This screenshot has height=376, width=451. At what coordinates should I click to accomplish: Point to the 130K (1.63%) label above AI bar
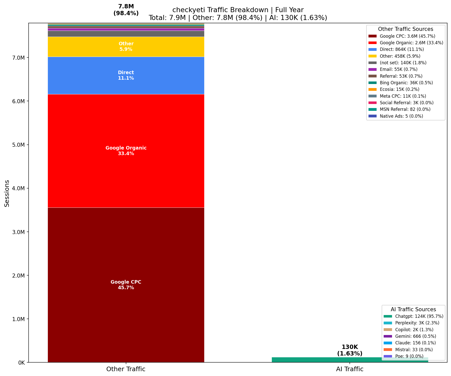350,350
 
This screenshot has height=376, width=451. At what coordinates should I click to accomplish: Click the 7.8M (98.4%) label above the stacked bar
126,10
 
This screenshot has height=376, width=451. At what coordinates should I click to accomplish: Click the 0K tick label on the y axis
21,363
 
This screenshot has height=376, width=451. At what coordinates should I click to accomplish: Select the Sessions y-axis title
7,193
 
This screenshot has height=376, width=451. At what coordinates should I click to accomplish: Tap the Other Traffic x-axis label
126,369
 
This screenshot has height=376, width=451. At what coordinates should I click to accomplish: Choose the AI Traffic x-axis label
350,369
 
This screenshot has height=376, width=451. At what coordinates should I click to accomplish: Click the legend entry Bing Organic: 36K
406,83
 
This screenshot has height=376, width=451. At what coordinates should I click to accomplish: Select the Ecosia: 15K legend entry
399,89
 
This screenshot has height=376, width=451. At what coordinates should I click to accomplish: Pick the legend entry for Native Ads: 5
401,116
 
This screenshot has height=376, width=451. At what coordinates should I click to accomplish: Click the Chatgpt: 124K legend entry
419,316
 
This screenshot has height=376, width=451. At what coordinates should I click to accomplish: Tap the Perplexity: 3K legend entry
417,323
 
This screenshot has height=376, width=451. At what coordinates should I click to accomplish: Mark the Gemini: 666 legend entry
415,336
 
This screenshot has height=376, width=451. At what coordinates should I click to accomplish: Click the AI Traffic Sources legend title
413,309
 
